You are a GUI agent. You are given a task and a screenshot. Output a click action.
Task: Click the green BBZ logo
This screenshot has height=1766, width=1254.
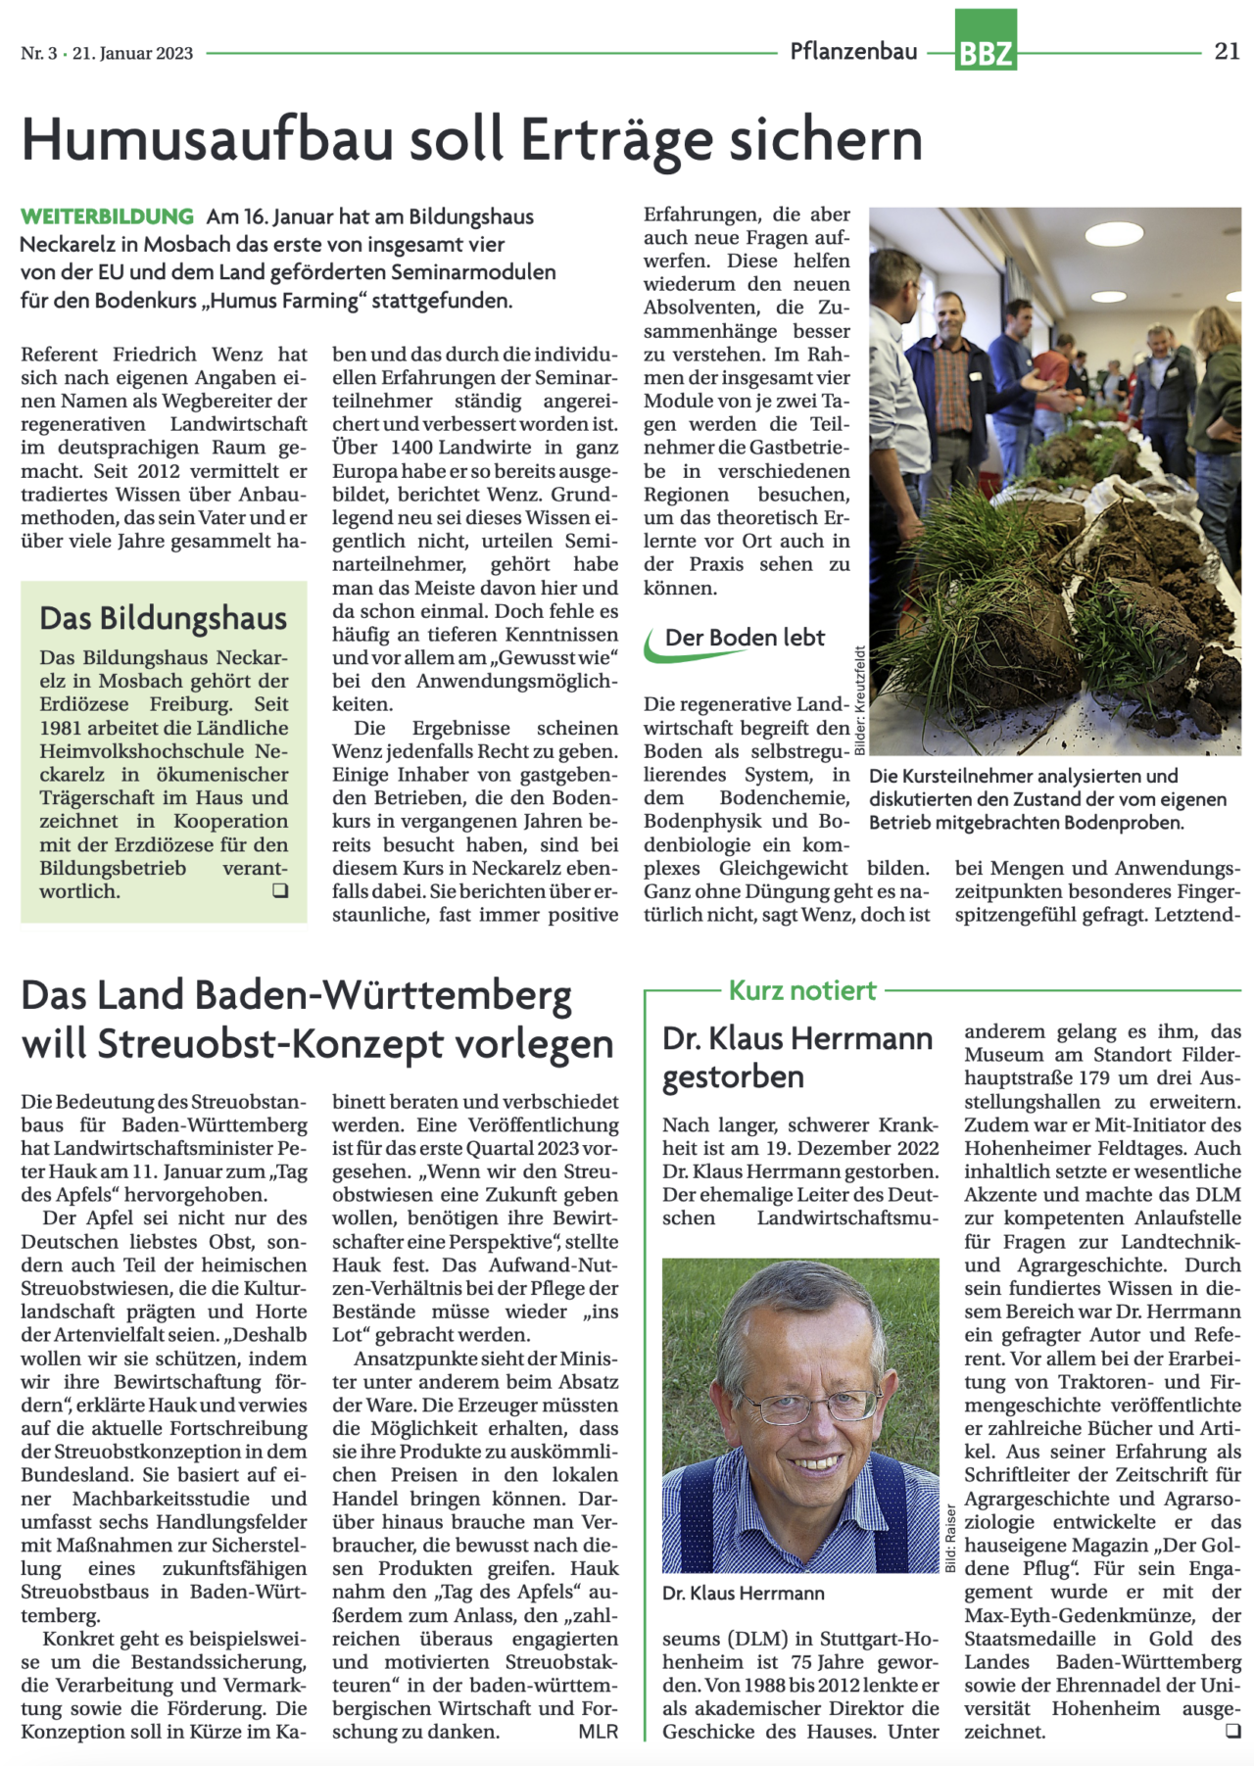[986, 41]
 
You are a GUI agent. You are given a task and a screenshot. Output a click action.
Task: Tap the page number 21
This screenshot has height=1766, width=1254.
[1227, 52]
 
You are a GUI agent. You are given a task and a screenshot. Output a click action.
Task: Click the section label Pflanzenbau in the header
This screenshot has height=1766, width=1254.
[853, 52]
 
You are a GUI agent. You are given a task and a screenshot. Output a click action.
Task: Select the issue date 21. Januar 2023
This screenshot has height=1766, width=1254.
[132, 53]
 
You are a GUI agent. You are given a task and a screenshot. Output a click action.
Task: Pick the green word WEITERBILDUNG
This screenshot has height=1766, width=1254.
[107, 216]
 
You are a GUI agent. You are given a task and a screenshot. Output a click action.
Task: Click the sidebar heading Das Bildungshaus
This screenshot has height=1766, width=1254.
[163, 618]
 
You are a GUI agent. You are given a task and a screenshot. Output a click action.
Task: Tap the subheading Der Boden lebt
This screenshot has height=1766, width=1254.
[745, 638]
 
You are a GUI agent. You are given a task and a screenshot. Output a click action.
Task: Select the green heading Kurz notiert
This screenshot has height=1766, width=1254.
[802, 991]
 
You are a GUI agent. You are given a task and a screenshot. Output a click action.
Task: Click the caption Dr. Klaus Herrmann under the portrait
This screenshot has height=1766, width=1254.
[743, 1594]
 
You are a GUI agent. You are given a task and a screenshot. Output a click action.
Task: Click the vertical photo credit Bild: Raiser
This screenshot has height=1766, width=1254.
[949, 1539]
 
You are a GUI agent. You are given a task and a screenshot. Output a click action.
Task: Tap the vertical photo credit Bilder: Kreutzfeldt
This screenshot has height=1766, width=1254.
[860, 700]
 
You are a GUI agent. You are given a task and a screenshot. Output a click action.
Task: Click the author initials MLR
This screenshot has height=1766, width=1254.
[598, 1732]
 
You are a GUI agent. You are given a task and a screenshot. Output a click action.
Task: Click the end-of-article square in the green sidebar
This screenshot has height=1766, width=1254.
[280, 890]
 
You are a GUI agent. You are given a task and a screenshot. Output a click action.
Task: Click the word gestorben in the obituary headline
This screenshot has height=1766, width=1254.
[733, 1077]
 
